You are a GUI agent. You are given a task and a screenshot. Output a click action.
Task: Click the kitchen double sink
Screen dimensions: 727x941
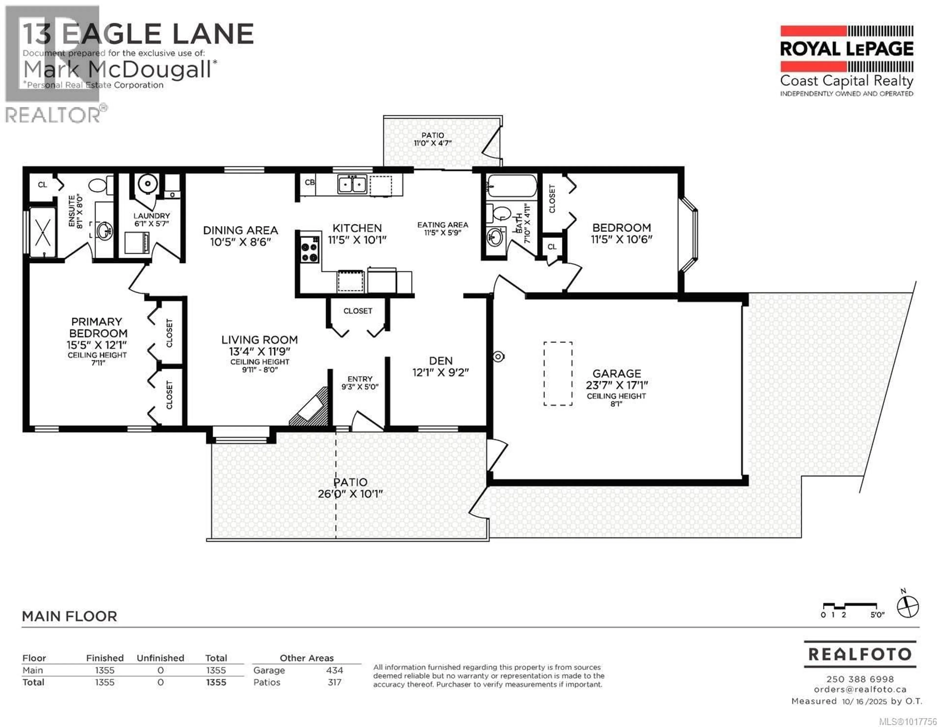click(x=352, y=185)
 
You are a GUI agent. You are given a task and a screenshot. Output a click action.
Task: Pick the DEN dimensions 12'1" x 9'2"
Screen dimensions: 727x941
click(x=440, y=372)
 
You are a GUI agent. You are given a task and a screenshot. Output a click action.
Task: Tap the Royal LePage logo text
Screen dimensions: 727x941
click(x=847, y=49)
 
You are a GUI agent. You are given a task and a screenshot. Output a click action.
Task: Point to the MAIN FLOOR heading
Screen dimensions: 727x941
click(x=69, y=616)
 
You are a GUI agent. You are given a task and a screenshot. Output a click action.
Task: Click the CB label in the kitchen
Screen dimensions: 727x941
click(x=309, y=182)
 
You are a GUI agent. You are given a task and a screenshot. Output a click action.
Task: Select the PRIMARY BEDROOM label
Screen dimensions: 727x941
click(x=97, y=328)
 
